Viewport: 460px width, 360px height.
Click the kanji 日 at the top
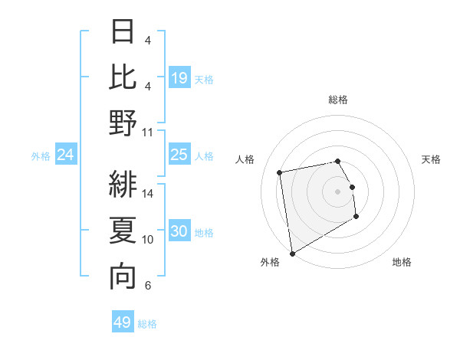[123, 32]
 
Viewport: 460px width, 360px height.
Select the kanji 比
[123, 77]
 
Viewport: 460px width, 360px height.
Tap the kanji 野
[123, 123]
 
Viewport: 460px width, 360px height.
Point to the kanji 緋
[123, 185]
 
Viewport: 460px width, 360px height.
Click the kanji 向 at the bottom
[123, 277]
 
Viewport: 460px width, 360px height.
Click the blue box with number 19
[179, 77]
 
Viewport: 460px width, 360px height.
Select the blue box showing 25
[179, 155]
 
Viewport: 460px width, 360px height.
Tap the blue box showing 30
[179, 231]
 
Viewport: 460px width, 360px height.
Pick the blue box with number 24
[66, 155]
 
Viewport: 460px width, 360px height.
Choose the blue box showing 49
[123, 322]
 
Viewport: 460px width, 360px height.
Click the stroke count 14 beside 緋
[148, 194]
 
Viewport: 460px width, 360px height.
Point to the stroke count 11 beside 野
[148, 132]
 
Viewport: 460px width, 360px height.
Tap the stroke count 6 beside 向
[148, 286]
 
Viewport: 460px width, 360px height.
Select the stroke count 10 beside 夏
[148, 240]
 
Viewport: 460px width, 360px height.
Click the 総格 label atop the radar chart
[338, 100]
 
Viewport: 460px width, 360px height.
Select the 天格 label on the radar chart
[431, 159]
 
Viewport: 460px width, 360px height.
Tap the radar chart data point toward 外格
[292, 254]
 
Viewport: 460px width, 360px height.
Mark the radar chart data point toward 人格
[280, 172]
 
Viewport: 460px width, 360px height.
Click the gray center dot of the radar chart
[338, 191]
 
